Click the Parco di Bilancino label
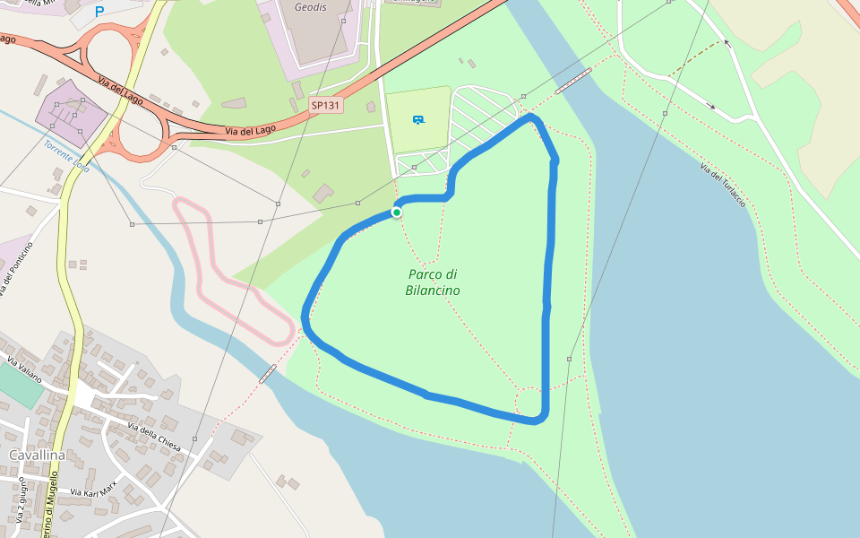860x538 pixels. [433, 282]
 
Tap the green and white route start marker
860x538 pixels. [396, 213]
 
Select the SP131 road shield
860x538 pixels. [326, 105]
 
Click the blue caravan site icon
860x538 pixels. [417, 119]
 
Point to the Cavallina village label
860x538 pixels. [37, 456]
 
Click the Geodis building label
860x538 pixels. [311, 6]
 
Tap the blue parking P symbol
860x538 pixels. [99, 12]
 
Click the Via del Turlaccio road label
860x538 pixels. [722, 186]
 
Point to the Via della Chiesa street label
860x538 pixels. [155, 436]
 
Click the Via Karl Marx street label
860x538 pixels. [93, 490]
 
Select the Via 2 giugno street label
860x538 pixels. [20, 500]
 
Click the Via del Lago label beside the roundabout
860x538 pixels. [121, 92]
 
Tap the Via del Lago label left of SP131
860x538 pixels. [250, 131]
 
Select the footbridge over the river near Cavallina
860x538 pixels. [267, 373]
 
